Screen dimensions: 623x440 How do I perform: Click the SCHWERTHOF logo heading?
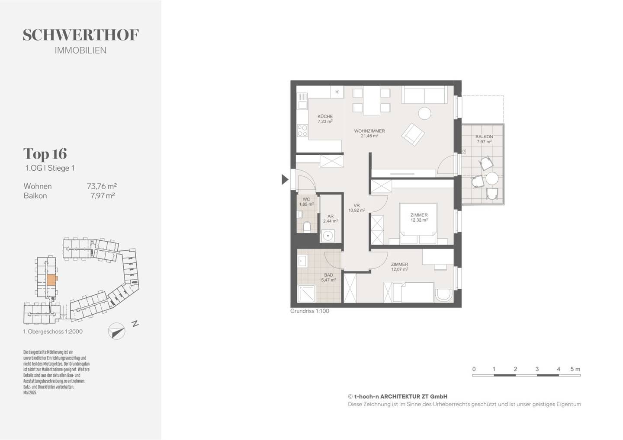[x=80, y=35]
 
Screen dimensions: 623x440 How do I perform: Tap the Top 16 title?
[x=45, y=153]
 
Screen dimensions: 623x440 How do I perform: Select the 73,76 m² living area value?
[x=102, y=186]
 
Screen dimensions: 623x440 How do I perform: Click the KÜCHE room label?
[x=325, y=116]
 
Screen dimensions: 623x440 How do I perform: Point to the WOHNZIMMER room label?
[x=369, y=131]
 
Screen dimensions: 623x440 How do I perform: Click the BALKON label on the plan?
[x=484, y=137]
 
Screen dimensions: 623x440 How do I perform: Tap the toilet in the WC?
[x=307, y=227]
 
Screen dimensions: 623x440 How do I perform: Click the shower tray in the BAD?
[x=306, y=293]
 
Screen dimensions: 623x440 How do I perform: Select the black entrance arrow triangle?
[x=285, y=179]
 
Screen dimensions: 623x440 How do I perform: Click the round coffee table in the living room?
[x=425, y=113]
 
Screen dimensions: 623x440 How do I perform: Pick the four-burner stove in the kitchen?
[x=302, y=131]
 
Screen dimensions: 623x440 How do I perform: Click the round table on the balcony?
[x=492, y=179]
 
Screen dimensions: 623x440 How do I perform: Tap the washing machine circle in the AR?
[x=328, y=236]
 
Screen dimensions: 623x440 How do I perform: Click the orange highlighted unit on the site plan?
[x=52, y=280]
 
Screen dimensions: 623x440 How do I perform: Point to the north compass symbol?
[x=116, y=331]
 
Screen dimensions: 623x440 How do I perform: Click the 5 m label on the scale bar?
[x=575, y=369]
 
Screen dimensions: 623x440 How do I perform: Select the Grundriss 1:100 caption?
[x=310, y=311]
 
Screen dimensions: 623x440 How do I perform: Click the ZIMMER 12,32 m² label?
[x=419, y=217]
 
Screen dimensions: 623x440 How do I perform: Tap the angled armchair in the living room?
[x=413, y=134]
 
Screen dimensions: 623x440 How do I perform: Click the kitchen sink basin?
[x=302, y=105]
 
